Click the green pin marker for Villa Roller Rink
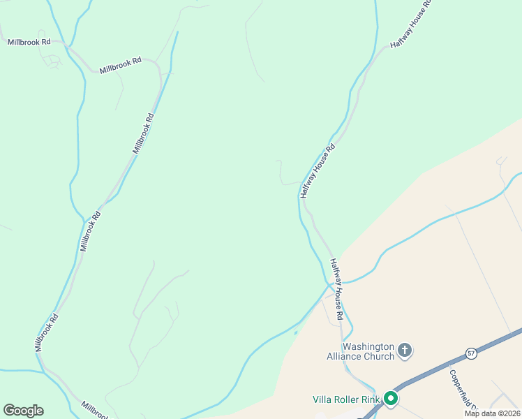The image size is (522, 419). (x=391, y=399)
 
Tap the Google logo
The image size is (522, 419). (x=23, y=411)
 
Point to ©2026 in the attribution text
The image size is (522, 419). (x=509, y=413)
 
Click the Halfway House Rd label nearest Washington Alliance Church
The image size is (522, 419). (x=337, y=290)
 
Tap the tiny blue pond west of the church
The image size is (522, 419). (x=295, y=333)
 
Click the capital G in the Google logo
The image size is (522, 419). (x=9, y=411)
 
